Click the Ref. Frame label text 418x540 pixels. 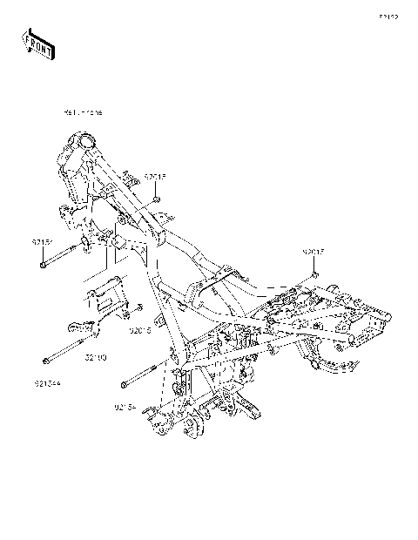84,113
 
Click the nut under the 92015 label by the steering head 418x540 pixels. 156,199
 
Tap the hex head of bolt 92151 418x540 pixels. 43,265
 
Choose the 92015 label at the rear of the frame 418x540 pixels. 314,252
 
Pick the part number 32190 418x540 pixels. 96,357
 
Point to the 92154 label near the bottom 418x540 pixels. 125,406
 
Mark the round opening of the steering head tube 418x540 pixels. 84,140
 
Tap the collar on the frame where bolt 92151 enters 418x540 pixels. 87,245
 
